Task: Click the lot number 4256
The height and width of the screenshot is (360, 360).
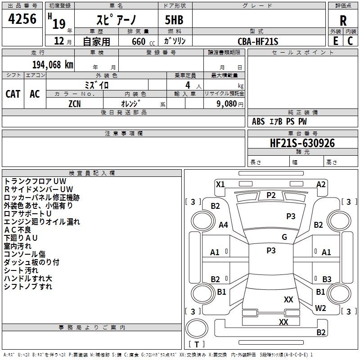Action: pyautogui.click(x=22, y=19)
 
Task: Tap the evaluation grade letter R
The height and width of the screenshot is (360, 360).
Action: pyautogui.click(x=343, y=20)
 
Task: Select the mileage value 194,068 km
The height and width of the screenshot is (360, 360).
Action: pyautogui.click(x=53, y=65)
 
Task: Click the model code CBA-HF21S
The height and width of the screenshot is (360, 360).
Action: pyautogui.click(x=258, y=41)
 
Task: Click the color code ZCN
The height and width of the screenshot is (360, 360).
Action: pyautogui.click(x=75, y=103)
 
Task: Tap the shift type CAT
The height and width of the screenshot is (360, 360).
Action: pyautogui.click(x=13, y=94)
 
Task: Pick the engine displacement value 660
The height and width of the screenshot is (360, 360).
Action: pyautogui.click(x=139, y=41)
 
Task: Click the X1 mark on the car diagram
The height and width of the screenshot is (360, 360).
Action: pyautogui.click(x=220, y=184)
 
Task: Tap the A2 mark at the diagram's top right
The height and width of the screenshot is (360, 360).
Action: pyautogui.click(x=321, y=184)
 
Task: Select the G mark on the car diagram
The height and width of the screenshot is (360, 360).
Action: pyautogui.click(x=284, y=237)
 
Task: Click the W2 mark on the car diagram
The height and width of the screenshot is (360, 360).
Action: pyautogui.click(x=320, y=308)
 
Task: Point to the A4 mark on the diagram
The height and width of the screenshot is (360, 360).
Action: pyautogui.click(x=223, y=225)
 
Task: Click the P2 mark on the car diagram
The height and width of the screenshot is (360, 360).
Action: pyautogui.click(x=271, y=195)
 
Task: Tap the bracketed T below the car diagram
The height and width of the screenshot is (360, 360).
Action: pyautogui.click(x=197, y=345)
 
